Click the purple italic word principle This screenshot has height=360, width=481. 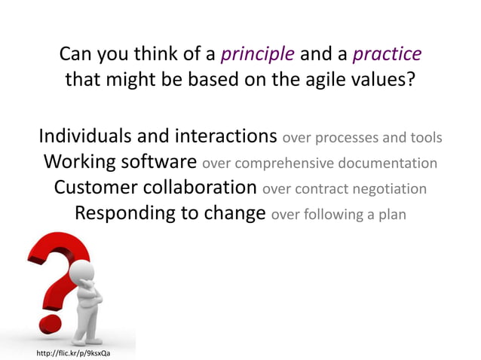point(259,54)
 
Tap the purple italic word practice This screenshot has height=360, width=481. point(387,54)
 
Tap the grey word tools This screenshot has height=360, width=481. point(427,139)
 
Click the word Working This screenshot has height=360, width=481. point(82,162)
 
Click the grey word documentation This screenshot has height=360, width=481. point(387,163)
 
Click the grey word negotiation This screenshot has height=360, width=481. point(389,188)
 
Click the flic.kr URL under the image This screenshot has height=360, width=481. point(73,352)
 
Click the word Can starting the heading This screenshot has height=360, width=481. point(75,54)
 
